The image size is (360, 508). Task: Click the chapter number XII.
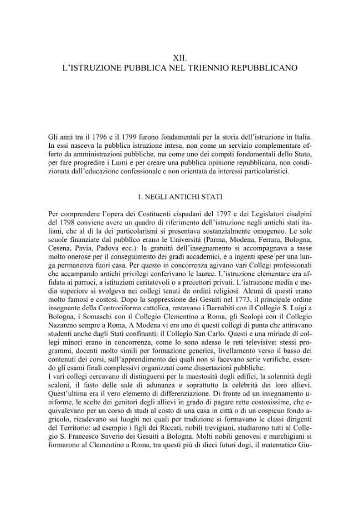point(180,58)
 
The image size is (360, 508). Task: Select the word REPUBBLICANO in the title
point(268,68)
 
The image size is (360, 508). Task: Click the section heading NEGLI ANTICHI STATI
point(180,197)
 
